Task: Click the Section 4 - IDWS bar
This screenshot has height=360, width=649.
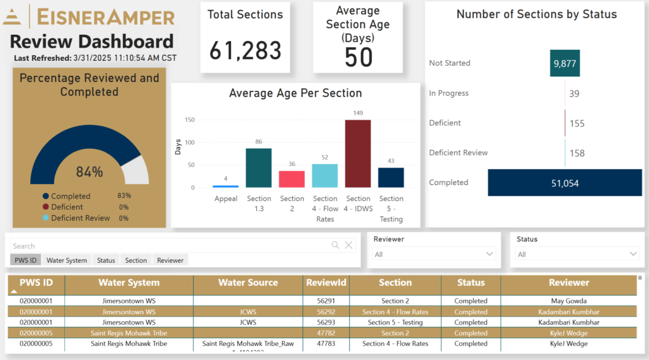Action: tap(358, 154)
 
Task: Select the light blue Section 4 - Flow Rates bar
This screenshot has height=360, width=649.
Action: tap(325, 176)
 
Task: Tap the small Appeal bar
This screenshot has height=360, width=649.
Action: tap(226, 186)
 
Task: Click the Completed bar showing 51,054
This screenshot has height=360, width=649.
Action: tap(565, 183)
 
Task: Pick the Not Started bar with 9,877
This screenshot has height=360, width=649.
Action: tap(565, 64)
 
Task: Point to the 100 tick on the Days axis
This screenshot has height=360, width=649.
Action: tap(190, 143)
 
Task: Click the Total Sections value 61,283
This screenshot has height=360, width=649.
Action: tap(245, 51)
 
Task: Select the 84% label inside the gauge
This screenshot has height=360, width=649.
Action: tap(90, 172)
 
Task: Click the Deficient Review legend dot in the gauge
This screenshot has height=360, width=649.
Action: tap(46, 218)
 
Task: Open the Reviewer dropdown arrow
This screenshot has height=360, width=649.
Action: tap(490, 254)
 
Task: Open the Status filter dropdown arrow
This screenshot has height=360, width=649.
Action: tap(633, 254)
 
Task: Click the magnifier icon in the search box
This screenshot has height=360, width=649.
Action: tap(335, 245)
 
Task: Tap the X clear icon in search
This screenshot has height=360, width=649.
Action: tap(348, 245)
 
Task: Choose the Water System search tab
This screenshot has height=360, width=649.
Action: tap(67, 260)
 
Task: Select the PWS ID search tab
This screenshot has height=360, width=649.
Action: tap(26, 260)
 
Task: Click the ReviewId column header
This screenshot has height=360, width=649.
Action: tap(326, 283)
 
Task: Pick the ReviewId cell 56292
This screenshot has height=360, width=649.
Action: tap(326, 312)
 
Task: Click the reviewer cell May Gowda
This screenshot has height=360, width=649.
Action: tap(569, 301)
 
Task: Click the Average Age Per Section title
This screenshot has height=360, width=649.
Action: tap(295, 93)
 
